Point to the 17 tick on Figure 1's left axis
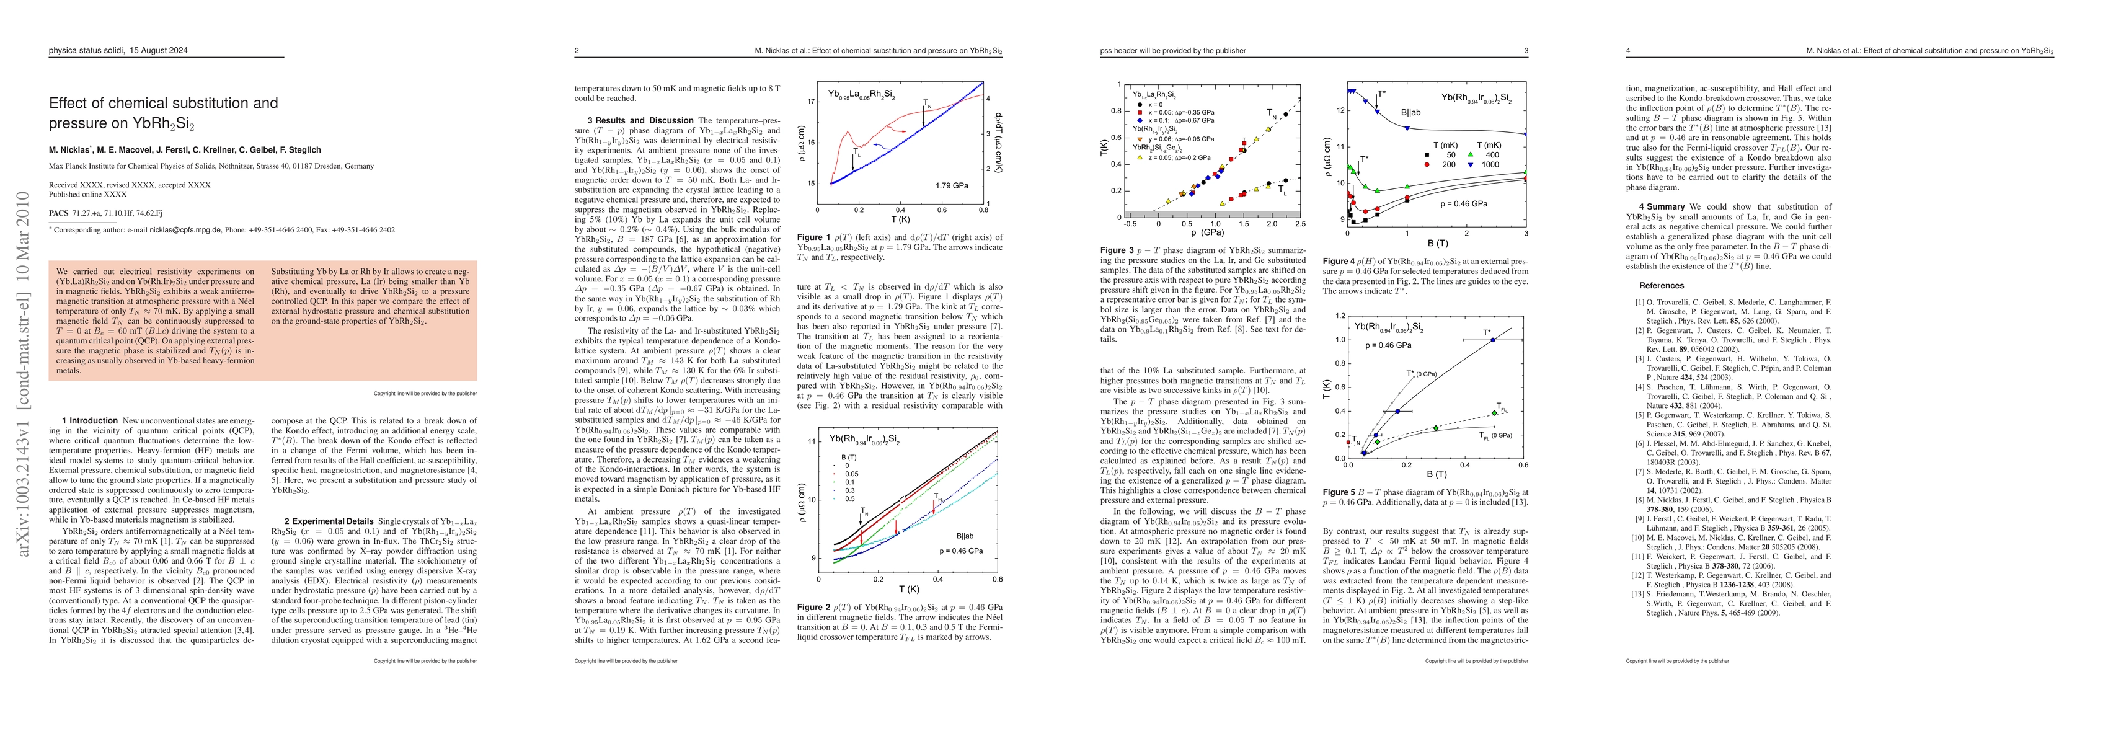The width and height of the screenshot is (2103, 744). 811,102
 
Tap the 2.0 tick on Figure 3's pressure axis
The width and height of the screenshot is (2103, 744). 1271,224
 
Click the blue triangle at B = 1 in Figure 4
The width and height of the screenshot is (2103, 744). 1407,127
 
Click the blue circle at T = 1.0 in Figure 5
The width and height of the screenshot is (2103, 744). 1492,340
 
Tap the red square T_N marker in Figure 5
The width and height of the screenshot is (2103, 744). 1348,442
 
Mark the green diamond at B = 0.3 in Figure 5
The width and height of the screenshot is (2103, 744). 1436,428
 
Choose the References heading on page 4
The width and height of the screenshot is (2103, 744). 1662,286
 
